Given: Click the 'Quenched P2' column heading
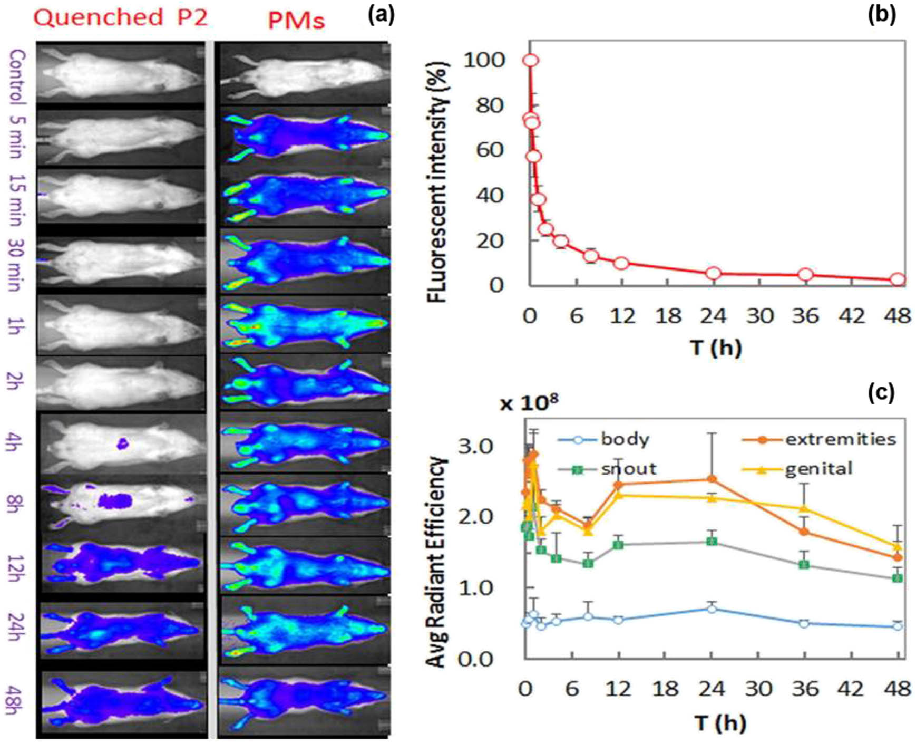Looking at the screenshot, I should tap(121, 18).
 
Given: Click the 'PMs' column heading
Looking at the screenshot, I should tap(296, 21).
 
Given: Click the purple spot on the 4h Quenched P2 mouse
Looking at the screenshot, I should tap(122, 443).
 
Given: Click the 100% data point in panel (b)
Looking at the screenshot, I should tap(530, 60).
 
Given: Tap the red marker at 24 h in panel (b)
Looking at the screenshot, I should tap(714, 273).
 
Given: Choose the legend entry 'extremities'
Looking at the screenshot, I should tap(840, 439).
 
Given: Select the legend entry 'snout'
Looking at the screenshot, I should tap(628, 469).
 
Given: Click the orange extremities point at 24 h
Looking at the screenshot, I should tap(712, 479).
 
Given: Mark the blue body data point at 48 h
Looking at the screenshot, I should tap(898, 626).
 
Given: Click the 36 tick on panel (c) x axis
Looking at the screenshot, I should tap(804, 688).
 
